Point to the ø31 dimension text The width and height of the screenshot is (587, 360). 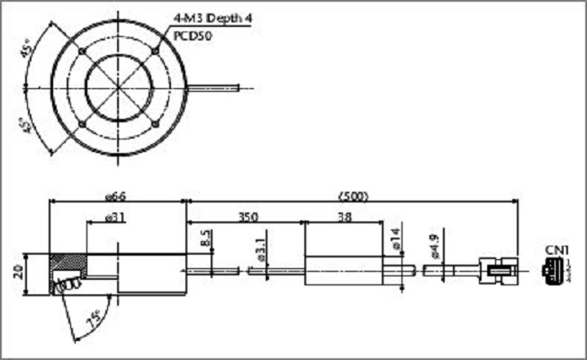(114, 217)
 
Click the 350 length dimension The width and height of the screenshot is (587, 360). (249, 217)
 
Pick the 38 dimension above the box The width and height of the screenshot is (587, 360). (344, 217)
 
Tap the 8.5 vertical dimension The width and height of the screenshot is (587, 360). (205, 240)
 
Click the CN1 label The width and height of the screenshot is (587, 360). (555, 249)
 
